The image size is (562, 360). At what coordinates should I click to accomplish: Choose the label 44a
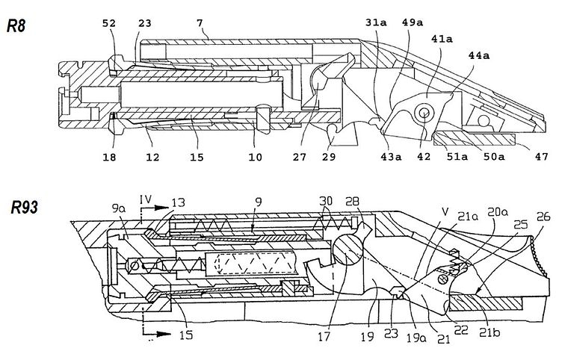[478, 55]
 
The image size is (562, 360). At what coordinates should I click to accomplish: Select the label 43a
[387, 157]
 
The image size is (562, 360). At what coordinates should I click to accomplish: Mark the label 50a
[494, 157]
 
